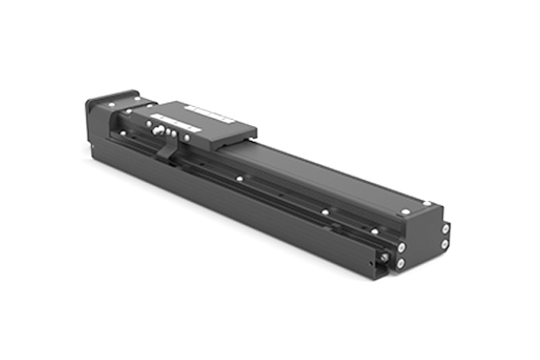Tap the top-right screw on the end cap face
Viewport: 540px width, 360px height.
click(444, 229)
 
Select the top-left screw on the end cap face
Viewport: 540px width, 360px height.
click(399, 246)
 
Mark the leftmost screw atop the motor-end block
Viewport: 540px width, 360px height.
click(124, 112)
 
